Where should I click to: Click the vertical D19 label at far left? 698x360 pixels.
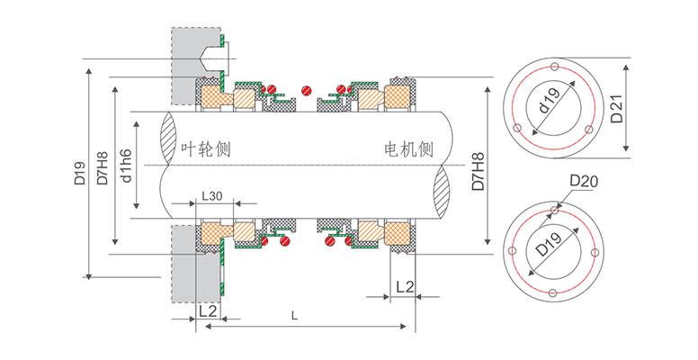click(79, 172)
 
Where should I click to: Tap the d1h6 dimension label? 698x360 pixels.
click(127, 165)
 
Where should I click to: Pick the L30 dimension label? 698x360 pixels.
click(213, 195)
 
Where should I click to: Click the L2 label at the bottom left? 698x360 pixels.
click(207, 310)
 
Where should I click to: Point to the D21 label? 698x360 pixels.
click(616, 105)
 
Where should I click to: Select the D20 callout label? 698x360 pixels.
click(583, 184)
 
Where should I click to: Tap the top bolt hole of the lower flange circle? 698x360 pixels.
click(551, 212)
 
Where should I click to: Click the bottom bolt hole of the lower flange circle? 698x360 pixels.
click(551, 292)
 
